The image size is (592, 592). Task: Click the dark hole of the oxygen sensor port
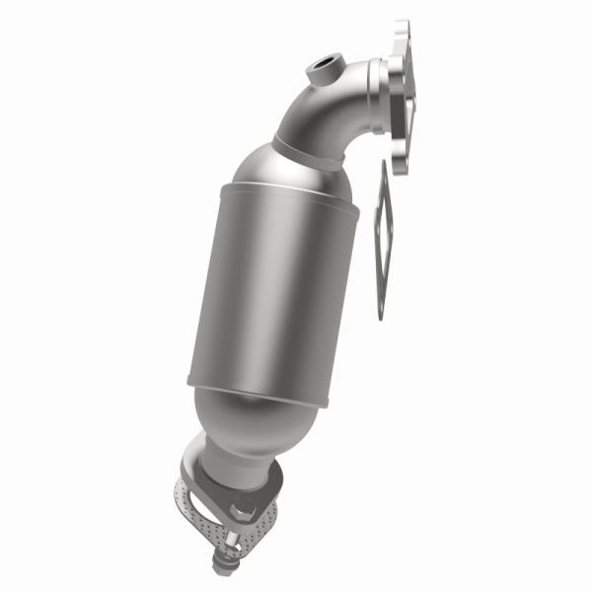click(x=320, y=70)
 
